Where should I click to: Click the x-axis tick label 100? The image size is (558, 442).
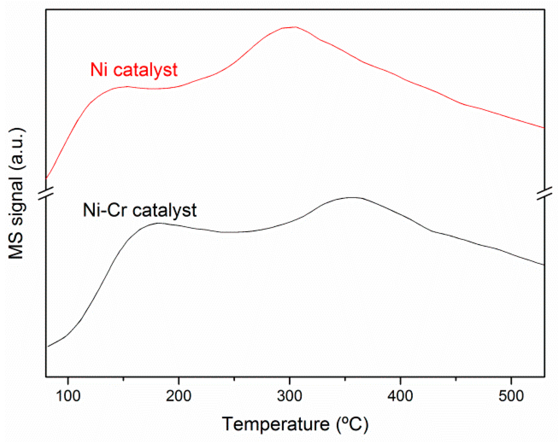(x=68, y=396)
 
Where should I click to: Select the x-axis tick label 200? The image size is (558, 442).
(x=178, y=396)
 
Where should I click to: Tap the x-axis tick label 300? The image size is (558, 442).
(x=290, y=396)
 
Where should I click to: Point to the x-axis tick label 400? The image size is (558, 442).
(x=400, y=396)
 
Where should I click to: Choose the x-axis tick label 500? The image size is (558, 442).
(x=511, y=396)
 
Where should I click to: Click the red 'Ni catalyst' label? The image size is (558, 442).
(x=134, y=70)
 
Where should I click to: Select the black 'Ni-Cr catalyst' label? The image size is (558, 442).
(x=140, y=210)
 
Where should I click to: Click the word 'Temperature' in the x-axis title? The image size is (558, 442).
(x=275, y=424)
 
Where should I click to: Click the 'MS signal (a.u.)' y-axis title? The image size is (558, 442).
(x=16, y=193)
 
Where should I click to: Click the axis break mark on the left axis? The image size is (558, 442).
(x=46, y=193)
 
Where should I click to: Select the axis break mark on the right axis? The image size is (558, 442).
(x=544, y=193)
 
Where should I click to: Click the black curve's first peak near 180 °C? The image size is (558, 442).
(x=158, y=223)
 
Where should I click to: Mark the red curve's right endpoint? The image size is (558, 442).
(x=544, y=128)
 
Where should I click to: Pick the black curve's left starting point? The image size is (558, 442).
(x=48, y=347)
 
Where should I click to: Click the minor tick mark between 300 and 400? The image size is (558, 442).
(x=345, y=379)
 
